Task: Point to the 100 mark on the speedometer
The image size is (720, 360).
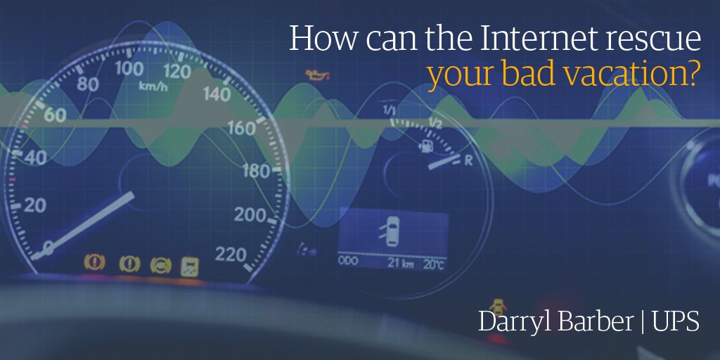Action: pyautogui.click(x=129, y=69)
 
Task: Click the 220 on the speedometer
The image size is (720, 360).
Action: pyautogui.click(x=230, y=254)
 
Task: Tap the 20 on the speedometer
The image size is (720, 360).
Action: pyautogui.click(x=33, y=205)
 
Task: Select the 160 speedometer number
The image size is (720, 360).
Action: pyautogui.click(x=241, y=129)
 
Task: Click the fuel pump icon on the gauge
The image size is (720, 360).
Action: pyautogui.click(x=425, y=146)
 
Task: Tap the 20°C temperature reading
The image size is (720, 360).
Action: pyautogui.click(x=433, y=264)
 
